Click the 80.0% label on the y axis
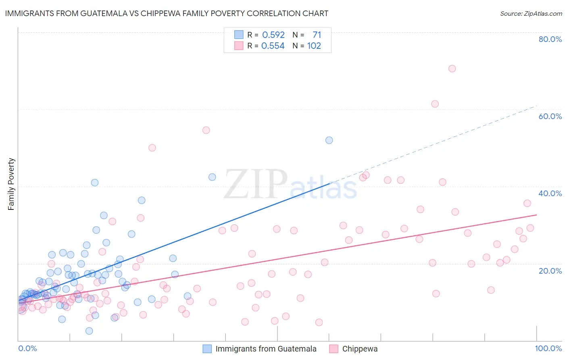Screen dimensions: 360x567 (550, 39)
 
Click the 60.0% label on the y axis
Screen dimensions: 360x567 (550, 116)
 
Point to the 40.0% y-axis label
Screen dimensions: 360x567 (550, 193)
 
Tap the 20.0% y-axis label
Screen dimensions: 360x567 (550, 271)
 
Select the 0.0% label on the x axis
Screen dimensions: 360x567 (27, 348)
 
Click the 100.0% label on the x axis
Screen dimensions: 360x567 (548, 348)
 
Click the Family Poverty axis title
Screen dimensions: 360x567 (11, 184)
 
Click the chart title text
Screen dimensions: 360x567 (167, 13)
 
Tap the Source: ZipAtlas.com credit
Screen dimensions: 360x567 (531, 13)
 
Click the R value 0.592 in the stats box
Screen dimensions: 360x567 (273, 35)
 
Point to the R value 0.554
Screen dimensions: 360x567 (273, 46)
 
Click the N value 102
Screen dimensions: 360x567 (314, 46)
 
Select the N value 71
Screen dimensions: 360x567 (317, 35)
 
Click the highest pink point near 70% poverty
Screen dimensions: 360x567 (452, 69)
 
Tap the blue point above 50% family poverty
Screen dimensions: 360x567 (329, 140)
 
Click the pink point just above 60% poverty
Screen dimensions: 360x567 (435, 104)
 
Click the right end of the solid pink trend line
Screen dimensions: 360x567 (536, 215)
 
